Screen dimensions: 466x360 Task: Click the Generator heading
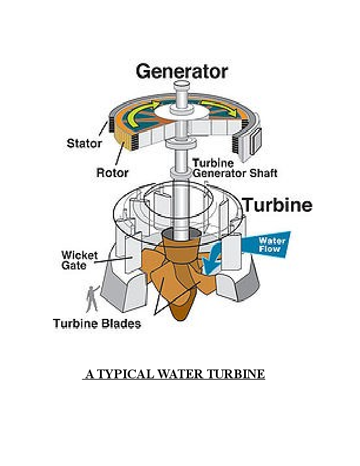click(x=181, y=72)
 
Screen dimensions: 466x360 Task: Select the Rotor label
click(x=112, y=173)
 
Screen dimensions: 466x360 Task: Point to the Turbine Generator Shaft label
click(x=235, y=168)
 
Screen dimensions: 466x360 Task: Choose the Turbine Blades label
click(x=96, y=323)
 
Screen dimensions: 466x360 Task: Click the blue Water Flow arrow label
click(x=272, y=245)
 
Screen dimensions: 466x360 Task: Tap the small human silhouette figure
click(x=91, y=298)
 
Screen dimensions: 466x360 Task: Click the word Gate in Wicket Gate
click(x=74, y=265)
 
